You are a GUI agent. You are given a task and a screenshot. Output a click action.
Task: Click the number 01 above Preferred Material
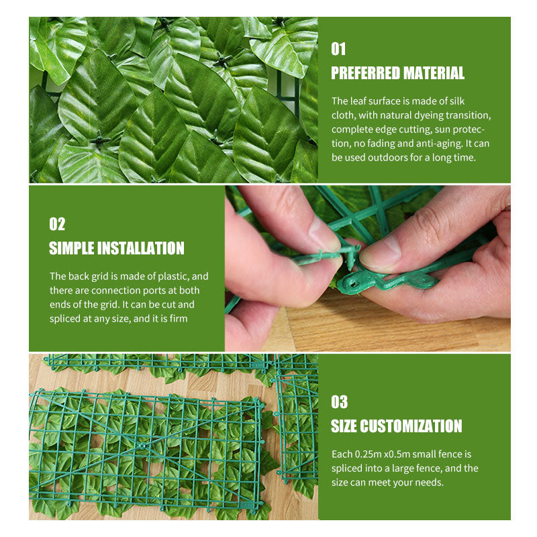(x=338, y=49)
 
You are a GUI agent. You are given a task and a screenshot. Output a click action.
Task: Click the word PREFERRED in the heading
(x=365, y=73)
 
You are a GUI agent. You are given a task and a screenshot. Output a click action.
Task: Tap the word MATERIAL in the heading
(x=434, y=73)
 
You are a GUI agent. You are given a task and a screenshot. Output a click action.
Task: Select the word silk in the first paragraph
(x=457, y=101)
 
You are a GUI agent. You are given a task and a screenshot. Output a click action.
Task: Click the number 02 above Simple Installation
(x=57, y=224)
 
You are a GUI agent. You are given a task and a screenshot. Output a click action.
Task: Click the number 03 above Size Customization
(x=339, y=402)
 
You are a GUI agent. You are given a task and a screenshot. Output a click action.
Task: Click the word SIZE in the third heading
(x=344, y=426)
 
